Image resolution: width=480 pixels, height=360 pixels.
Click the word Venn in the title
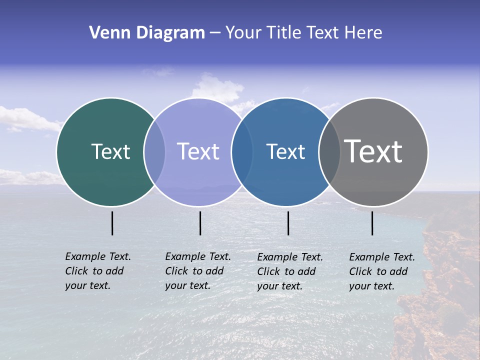point(106,33)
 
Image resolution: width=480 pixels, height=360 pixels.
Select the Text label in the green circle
point(110,151)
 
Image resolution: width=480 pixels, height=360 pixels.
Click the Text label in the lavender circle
point(198,151)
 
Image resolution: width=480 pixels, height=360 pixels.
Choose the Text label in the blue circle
point(285,151)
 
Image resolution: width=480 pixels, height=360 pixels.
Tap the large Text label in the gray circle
point(373,151)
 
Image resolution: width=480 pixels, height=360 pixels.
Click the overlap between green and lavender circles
point(154,152)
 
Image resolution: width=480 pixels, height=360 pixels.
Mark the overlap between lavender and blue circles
point(242,152)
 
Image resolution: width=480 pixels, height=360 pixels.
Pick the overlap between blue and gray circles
point(329,152)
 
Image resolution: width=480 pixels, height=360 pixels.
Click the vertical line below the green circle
point(112,223)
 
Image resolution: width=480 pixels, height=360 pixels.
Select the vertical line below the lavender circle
point(200,223)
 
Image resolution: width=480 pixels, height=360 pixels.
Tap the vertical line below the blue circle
point(288,223)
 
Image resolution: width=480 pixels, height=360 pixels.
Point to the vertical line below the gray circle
point(372,223)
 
